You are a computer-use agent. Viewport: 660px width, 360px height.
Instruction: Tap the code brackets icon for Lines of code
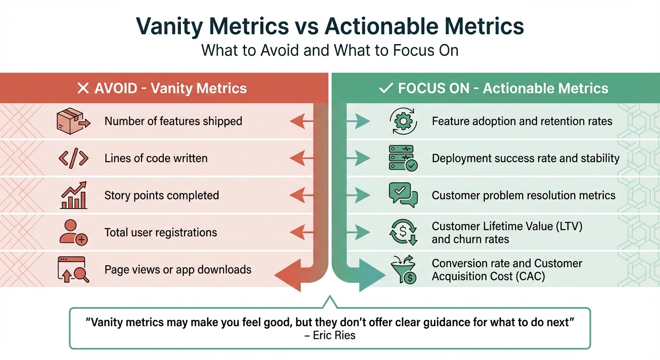coord(74,158)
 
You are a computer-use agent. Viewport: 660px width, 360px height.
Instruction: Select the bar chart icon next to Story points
coord(74,195)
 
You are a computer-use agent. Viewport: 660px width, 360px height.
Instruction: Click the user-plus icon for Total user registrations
coord(74,232)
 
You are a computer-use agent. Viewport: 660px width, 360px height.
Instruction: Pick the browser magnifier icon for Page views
coord(73,270)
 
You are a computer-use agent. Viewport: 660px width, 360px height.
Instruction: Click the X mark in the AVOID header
coord(82,89)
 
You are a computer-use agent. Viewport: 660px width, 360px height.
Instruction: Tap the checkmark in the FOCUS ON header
coord(386,89)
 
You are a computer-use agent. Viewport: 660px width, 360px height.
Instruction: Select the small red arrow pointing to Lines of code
coord(301,159)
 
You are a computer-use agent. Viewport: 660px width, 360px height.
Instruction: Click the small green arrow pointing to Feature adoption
coord(359,122)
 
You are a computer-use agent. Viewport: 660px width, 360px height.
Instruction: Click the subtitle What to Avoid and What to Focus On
coord(330,50)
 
